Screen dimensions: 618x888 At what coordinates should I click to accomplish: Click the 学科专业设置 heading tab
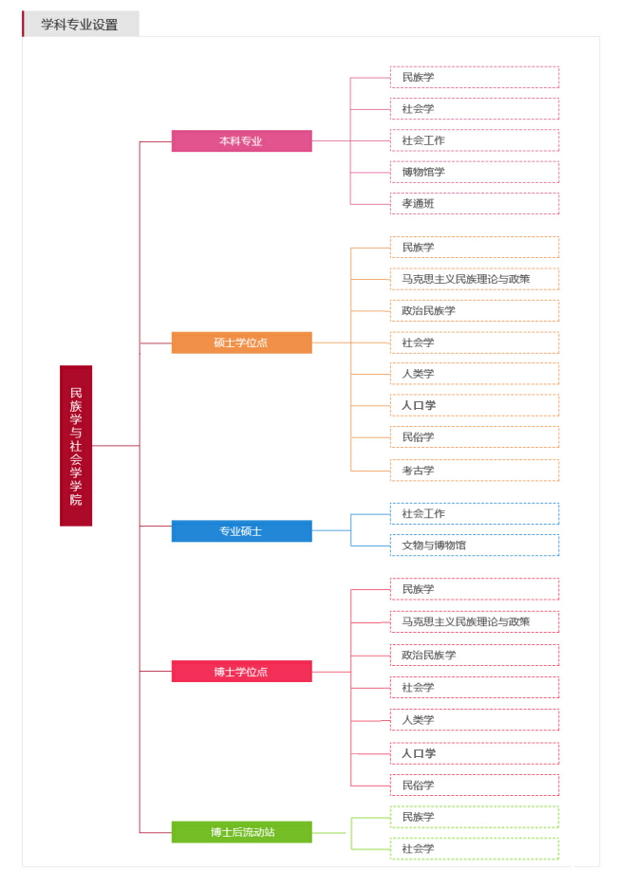pos(81,24)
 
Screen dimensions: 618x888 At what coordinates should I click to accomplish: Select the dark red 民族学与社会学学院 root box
pos(76,446)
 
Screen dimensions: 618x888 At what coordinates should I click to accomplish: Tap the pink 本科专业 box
pos(241,141)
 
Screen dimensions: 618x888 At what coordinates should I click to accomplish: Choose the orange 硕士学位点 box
pos(241,342)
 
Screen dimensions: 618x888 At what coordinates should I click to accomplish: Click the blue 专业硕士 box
pos(241,531)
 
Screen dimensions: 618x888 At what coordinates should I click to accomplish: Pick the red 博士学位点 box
pos(241,671)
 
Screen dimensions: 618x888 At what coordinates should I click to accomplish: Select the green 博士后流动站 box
pos(241,832)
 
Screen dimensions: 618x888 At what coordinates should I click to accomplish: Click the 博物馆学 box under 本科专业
pos(475,172)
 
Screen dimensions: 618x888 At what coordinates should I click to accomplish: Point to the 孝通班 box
pos(475,204)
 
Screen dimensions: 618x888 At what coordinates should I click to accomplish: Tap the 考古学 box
pos(475,470)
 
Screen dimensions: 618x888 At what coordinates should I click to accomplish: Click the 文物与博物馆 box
pos(475,546)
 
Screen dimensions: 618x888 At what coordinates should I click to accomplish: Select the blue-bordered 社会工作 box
pos(475,513)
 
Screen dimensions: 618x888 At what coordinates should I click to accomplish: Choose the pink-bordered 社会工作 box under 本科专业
pos(475,140)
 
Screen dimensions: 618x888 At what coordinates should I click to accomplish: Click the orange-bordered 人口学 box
pos(475,405)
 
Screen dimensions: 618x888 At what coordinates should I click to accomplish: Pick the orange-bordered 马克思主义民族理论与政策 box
pos(475,279)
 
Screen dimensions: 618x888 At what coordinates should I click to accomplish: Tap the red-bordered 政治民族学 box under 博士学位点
pos(475,655)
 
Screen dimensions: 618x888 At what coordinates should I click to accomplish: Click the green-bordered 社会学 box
pos(475,849)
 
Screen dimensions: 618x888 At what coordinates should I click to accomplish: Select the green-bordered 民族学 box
pos(475,817)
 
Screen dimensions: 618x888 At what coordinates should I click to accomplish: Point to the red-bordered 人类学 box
pos(475,720)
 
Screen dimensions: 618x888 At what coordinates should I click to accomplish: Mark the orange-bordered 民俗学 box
pos(475,437)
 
